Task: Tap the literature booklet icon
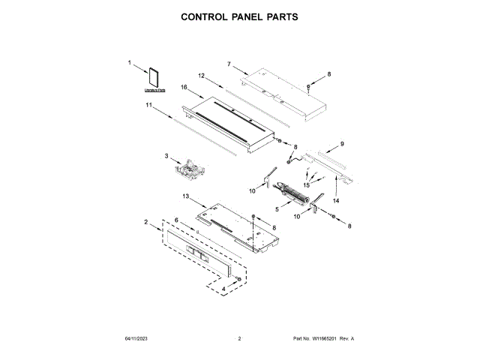(x=154, y=78)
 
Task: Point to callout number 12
(x=201, y=76)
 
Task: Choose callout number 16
(x=183, y=87)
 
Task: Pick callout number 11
(x=148, y=107)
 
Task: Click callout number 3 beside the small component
(x=166, y=156)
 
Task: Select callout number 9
(x=342, y=143)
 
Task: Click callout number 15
(x=306, y=184)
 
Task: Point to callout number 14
(x=337, y=201)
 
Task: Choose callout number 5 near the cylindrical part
(x=277, y=209)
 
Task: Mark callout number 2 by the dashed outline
(x=146, y=222)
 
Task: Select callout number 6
(x=176, y=220)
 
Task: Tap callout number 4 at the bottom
(x=223, y=289)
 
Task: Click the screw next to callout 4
(x=238, y=279)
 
